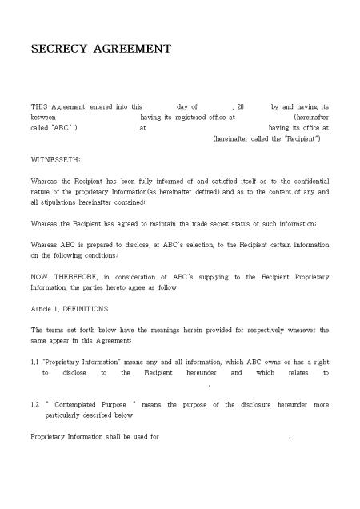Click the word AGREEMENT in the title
[x=132, y=49]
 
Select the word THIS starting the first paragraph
[x=39, y=106]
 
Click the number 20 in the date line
[x=241, y=106]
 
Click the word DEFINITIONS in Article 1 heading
[x=86, y=308]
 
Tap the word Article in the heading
[x=42, y=308]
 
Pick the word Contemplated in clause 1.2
[x=81, y=405]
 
